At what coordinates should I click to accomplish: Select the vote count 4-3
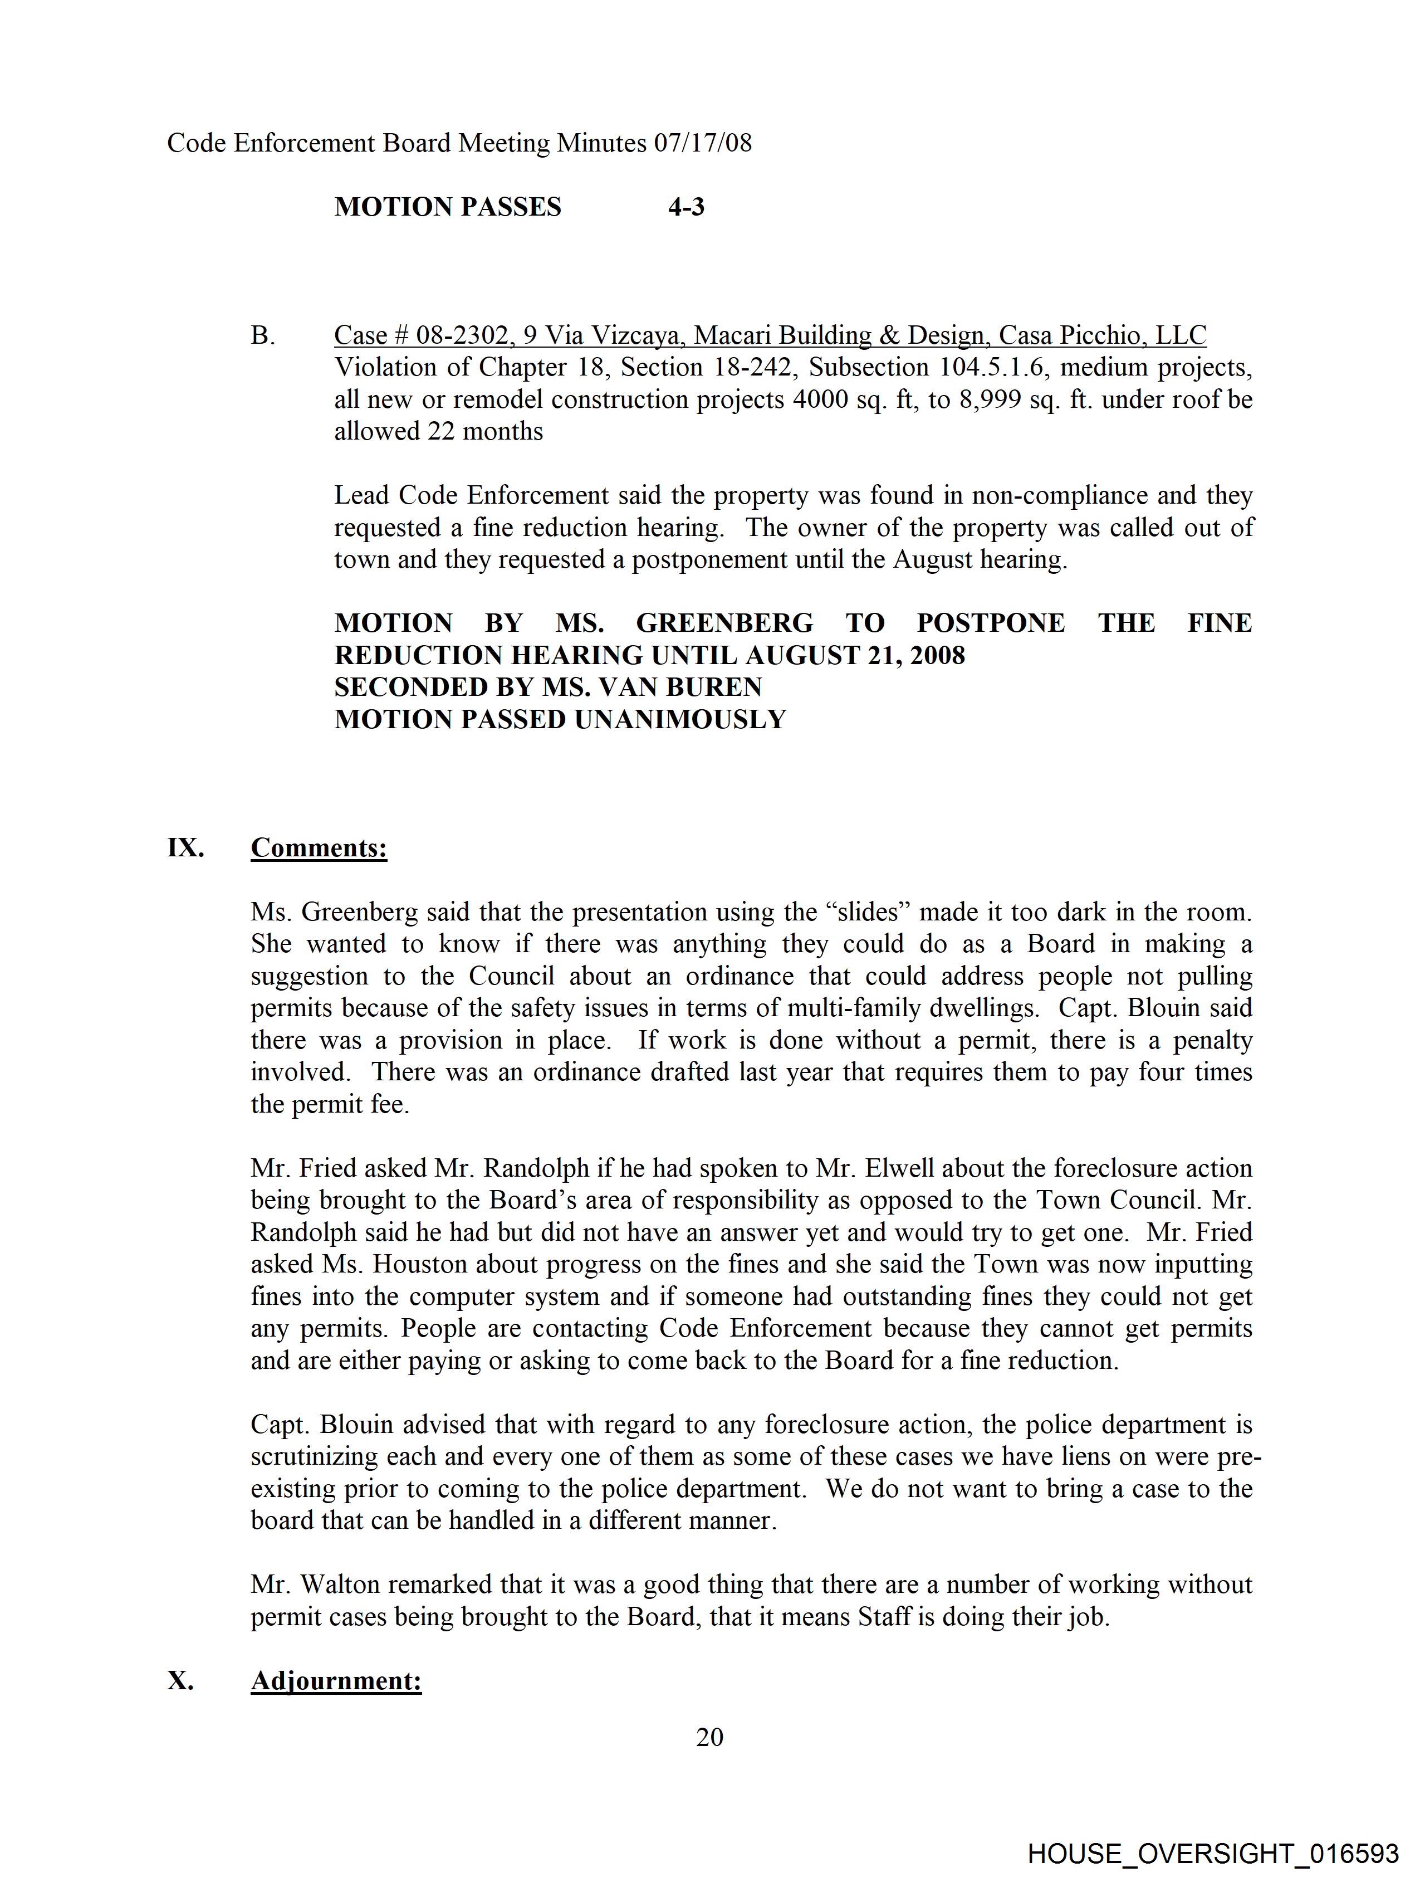point(686,207)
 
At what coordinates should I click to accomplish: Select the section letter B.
point(262,336)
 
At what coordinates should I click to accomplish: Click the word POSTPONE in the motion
point(990,623)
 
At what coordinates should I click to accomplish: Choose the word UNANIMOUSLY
point(680,720)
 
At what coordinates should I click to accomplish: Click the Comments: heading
point(319,848)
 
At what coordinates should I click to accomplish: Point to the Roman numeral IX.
point(185,848)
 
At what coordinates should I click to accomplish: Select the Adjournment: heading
point(336,1681)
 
